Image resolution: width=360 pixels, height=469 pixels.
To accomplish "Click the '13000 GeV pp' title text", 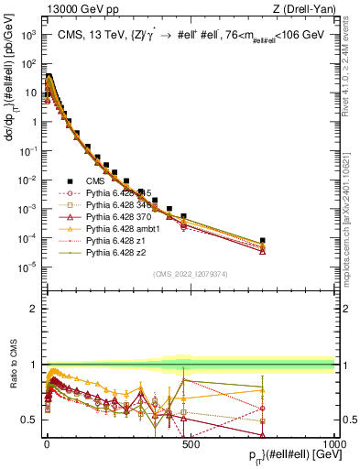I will tap(77, 10).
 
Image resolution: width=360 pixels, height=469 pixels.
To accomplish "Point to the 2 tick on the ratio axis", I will tap(32, 308).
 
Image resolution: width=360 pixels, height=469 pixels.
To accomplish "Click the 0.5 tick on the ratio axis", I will tap(27, 420).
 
